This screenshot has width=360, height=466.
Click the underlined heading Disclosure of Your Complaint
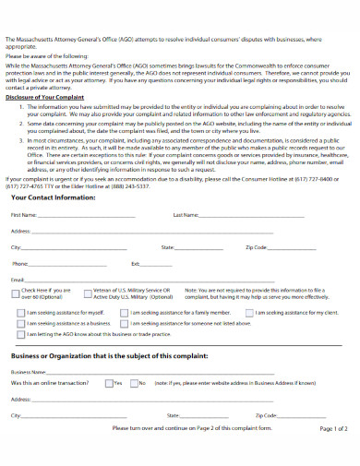tap(45, 96)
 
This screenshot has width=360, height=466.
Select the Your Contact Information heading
tap(54, 223)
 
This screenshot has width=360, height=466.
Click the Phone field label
tap(20, 264)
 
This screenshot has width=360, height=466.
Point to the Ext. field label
tap(136, 264)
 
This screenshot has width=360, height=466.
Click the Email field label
tap(18, 279)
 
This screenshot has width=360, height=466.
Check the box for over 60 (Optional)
tap(16, 291)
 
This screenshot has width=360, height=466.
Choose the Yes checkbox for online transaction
tap(109, 382)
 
